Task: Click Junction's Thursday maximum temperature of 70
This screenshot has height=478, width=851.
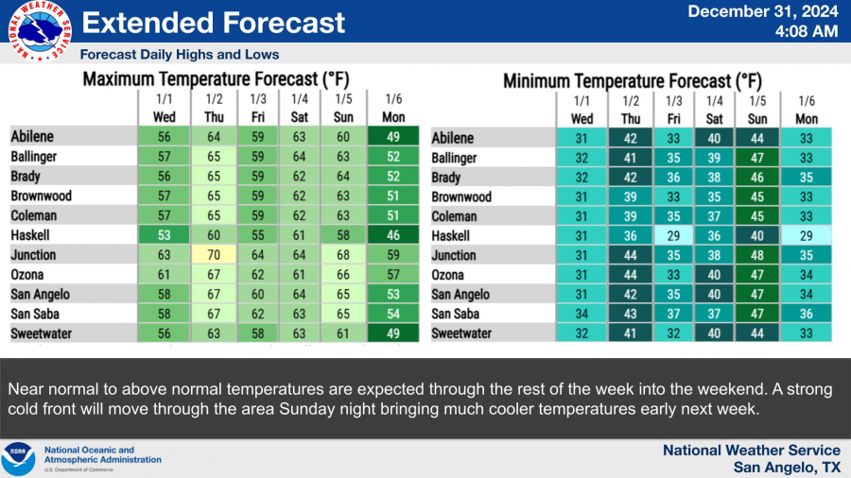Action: pyautogui.click(x=215, y=254)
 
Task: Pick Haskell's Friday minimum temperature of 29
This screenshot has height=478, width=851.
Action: pyautogui.click(x=674, y=235)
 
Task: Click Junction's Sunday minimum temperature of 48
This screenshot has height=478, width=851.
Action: pyautogui.click(x=758, y=255)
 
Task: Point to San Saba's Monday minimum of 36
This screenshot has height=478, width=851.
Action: pyautogui.click(x=807, y=314)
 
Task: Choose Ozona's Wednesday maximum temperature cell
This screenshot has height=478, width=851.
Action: pyautogui.click(x=164, y=274)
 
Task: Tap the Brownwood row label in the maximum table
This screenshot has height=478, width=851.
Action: pyautogui.click(x=42, y=196)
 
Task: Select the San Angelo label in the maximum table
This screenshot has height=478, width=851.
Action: pyautogui.click(x=41, y=294)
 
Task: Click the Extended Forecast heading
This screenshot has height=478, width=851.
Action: pyautogui.click(x=209, y=23)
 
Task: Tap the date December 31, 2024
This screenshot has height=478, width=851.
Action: pyautogui.click(x=763, y=12)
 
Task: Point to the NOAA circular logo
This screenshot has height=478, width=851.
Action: pyautogui.click(x=19, y=458)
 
